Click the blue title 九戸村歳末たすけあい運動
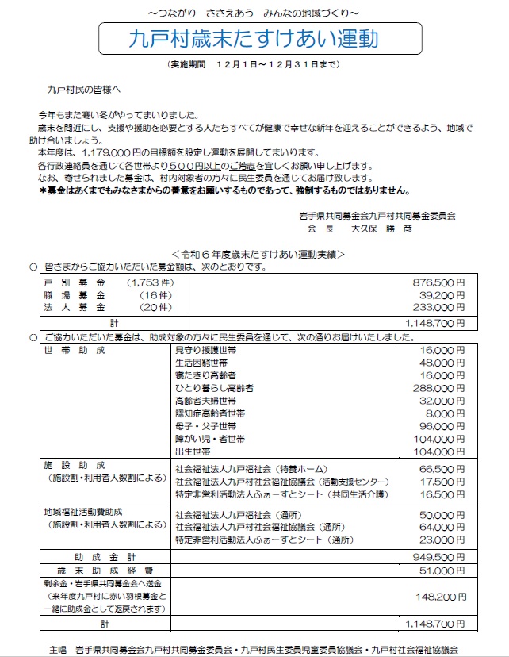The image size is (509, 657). click(254, 38)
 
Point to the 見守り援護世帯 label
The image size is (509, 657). click(205, 349)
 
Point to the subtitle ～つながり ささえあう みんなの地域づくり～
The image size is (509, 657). click(254, 11)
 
